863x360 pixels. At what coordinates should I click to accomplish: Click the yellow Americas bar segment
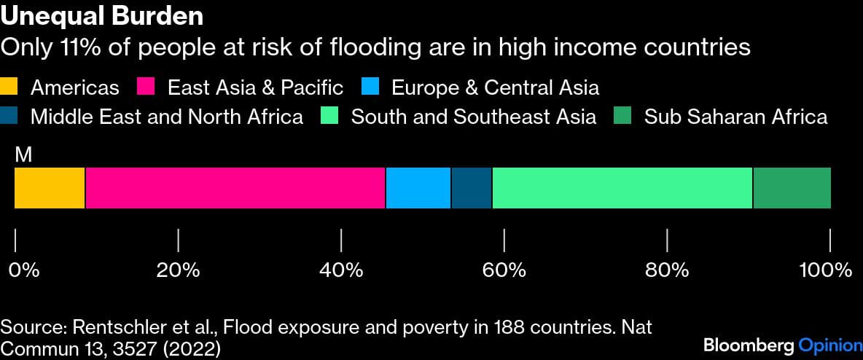(x=50, y=188)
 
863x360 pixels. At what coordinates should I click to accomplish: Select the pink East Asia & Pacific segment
(x=235, y=188)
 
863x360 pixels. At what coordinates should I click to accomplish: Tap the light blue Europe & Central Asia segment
(x=418, y=188)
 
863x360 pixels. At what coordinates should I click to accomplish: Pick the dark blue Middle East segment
(x=472, y=188)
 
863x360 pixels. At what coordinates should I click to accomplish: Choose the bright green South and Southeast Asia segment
(x=622, y=188)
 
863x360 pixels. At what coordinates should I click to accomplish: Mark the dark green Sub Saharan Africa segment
(x=792, y=188)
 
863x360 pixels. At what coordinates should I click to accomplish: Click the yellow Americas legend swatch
(x=12, y=88)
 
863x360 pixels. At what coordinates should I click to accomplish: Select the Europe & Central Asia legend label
(x=495, y=88)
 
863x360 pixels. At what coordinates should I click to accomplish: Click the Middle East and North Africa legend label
(x=166, y=117)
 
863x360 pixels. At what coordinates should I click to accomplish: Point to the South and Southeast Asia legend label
(x=473, y=117)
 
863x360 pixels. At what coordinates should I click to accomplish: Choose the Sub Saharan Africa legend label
(x=735, y=117)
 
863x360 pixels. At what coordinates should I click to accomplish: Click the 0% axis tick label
(x=23, y=270)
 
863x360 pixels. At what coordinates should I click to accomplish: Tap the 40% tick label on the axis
(x=341, y=270)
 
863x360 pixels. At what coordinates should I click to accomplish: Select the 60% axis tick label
(x=504, y=270)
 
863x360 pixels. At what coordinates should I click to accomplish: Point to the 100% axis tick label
(x=826, y=270)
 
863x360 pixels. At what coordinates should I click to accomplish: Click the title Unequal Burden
(x=101, y=16)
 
